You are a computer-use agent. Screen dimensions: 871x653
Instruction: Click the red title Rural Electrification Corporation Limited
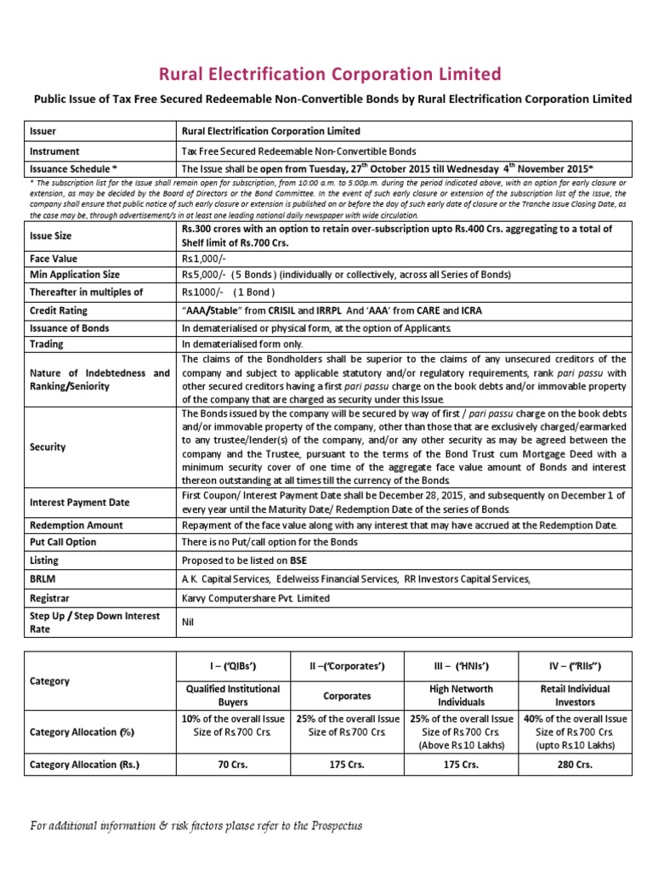point(326,74)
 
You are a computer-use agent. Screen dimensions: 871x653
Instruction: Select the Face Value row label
point(54,258)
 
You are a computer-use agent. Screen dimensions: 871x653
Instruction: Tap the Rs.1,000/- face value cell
point(201,258)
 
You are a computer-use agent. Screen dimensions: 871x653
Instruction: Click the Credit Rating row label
point(59,310)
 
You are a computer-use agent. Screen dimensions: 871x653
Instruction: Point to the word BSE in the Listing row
point(298,561)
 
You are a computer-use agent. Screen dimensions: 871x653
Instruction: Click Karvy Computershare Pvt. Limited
point(256,598)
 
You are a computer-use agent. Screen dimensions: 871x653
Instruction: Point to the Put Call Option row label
point(63,542)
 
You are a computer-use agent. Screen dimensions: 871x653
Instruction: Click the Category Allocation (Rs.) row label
point(84,765)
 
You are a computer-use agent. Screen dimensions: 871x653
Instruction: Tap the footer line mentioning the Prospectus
point(196,825)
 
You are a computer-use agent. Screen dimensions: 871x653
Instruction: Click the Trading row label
point(48,344)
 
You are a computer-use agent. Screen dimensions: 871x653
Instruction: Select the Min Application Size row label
point(75,275)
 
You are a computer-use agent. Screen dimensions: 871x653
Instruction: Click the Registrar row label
point(51,598)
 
